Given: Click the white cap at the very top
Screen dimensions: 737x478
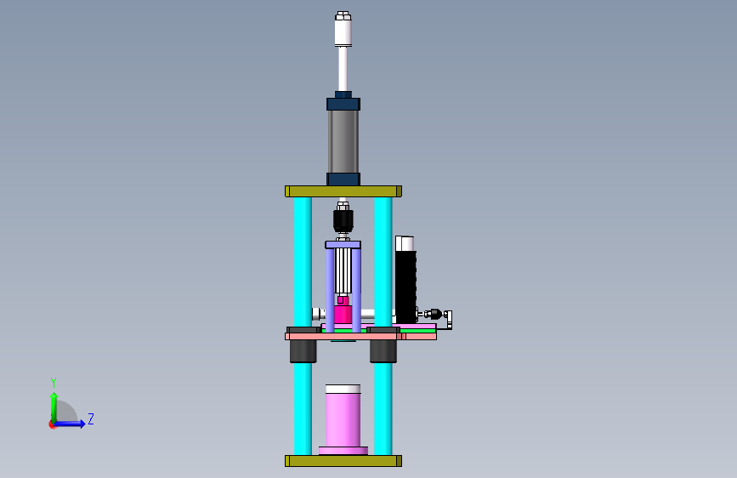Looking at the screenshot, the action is (343, 29).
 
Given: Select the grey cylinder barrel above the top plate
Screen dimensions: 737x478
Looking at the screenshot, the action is (343, 141).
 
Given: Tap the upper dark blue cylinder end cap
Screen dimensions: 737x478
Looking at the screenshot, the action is (343, 104).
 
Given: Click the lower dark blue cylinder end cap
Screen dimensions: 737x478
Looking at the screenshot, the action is (343, 179).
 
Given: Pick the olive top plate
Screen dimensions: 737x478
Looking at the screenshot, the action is (343, 191).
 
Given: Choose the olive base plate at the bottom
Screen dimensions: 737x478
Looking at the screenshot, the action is (343, 461).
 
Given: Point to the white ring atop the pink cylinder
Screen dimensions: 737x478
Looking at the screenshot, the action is (343, 389).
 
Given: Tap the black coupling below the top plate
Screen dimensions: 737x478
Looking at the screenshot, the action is (343, 221).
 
